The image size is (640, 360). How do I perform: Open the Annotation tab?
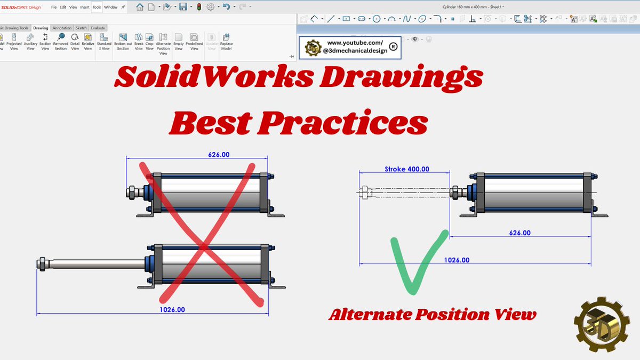(x=62, y=28)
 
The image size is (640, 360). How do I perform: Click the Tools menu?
(x=97, y=7)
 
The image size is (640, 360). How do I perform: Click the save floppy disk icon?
(x=183, y=7)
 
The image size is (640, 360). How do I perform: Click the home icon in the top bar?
(x=140, y=7)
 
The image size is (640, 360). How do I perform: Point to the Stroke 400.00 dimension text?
(x=407, y=169)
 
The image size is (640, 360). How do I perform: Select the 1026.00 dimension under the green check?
(x=457, y=260)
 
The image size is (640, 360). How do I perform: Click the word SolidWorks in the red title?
(x=213, y=78)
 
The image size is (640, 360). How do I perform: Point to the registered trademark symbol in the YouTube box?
(x=394, y=47)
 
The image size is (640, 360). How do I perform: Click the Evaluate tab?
(x=98, y=28)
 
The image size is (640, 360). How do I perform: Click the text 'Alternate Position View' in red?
(x=433, y=315)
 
